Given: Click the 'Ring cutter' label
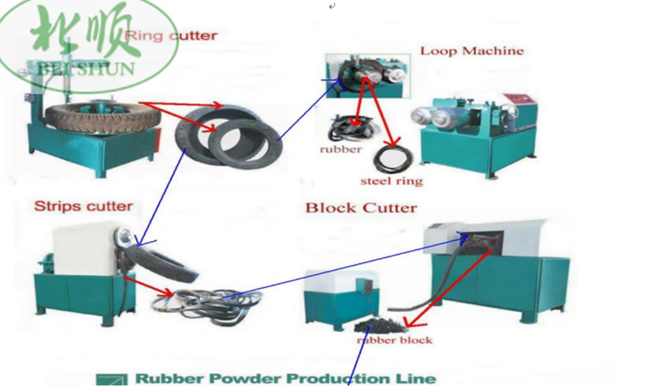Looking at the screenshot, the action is coord(171,35).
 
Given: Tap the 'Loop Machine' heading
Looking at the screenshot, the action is coord(472,51).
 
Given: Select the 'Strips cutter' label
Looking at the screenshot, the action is coord(83,206).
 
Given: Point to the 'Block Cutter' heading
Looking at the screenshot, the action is coord(361,208).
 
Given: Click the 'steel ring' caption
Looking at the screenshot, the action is coord(391,181).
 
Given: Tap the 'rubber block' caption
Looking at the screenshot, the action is coord(395,340).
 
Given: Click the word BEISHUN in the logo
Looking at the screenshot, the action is coord(86,69).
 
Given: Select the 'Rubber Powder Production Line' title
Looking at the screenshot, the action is coord(285,378).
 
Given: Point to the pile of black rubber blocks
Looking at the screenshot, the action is coord(379,326).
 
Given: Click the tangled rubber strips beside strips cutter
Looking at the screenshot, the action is coord(207,304).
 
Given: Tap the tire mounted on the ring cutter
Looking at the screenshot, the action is coord(102,116).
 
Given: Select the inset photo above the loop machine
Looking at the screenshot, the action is coord(368,76).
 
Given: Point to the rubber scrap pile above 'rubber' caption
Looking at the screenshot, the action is coord(350,128).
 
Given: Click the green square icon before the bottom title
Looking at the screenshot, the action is coord(112,379).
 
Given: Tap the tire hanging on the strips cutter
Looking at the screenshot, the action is coord(160,263).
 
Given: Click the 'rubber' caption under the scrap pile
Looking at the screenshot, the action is coord(341,149).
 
